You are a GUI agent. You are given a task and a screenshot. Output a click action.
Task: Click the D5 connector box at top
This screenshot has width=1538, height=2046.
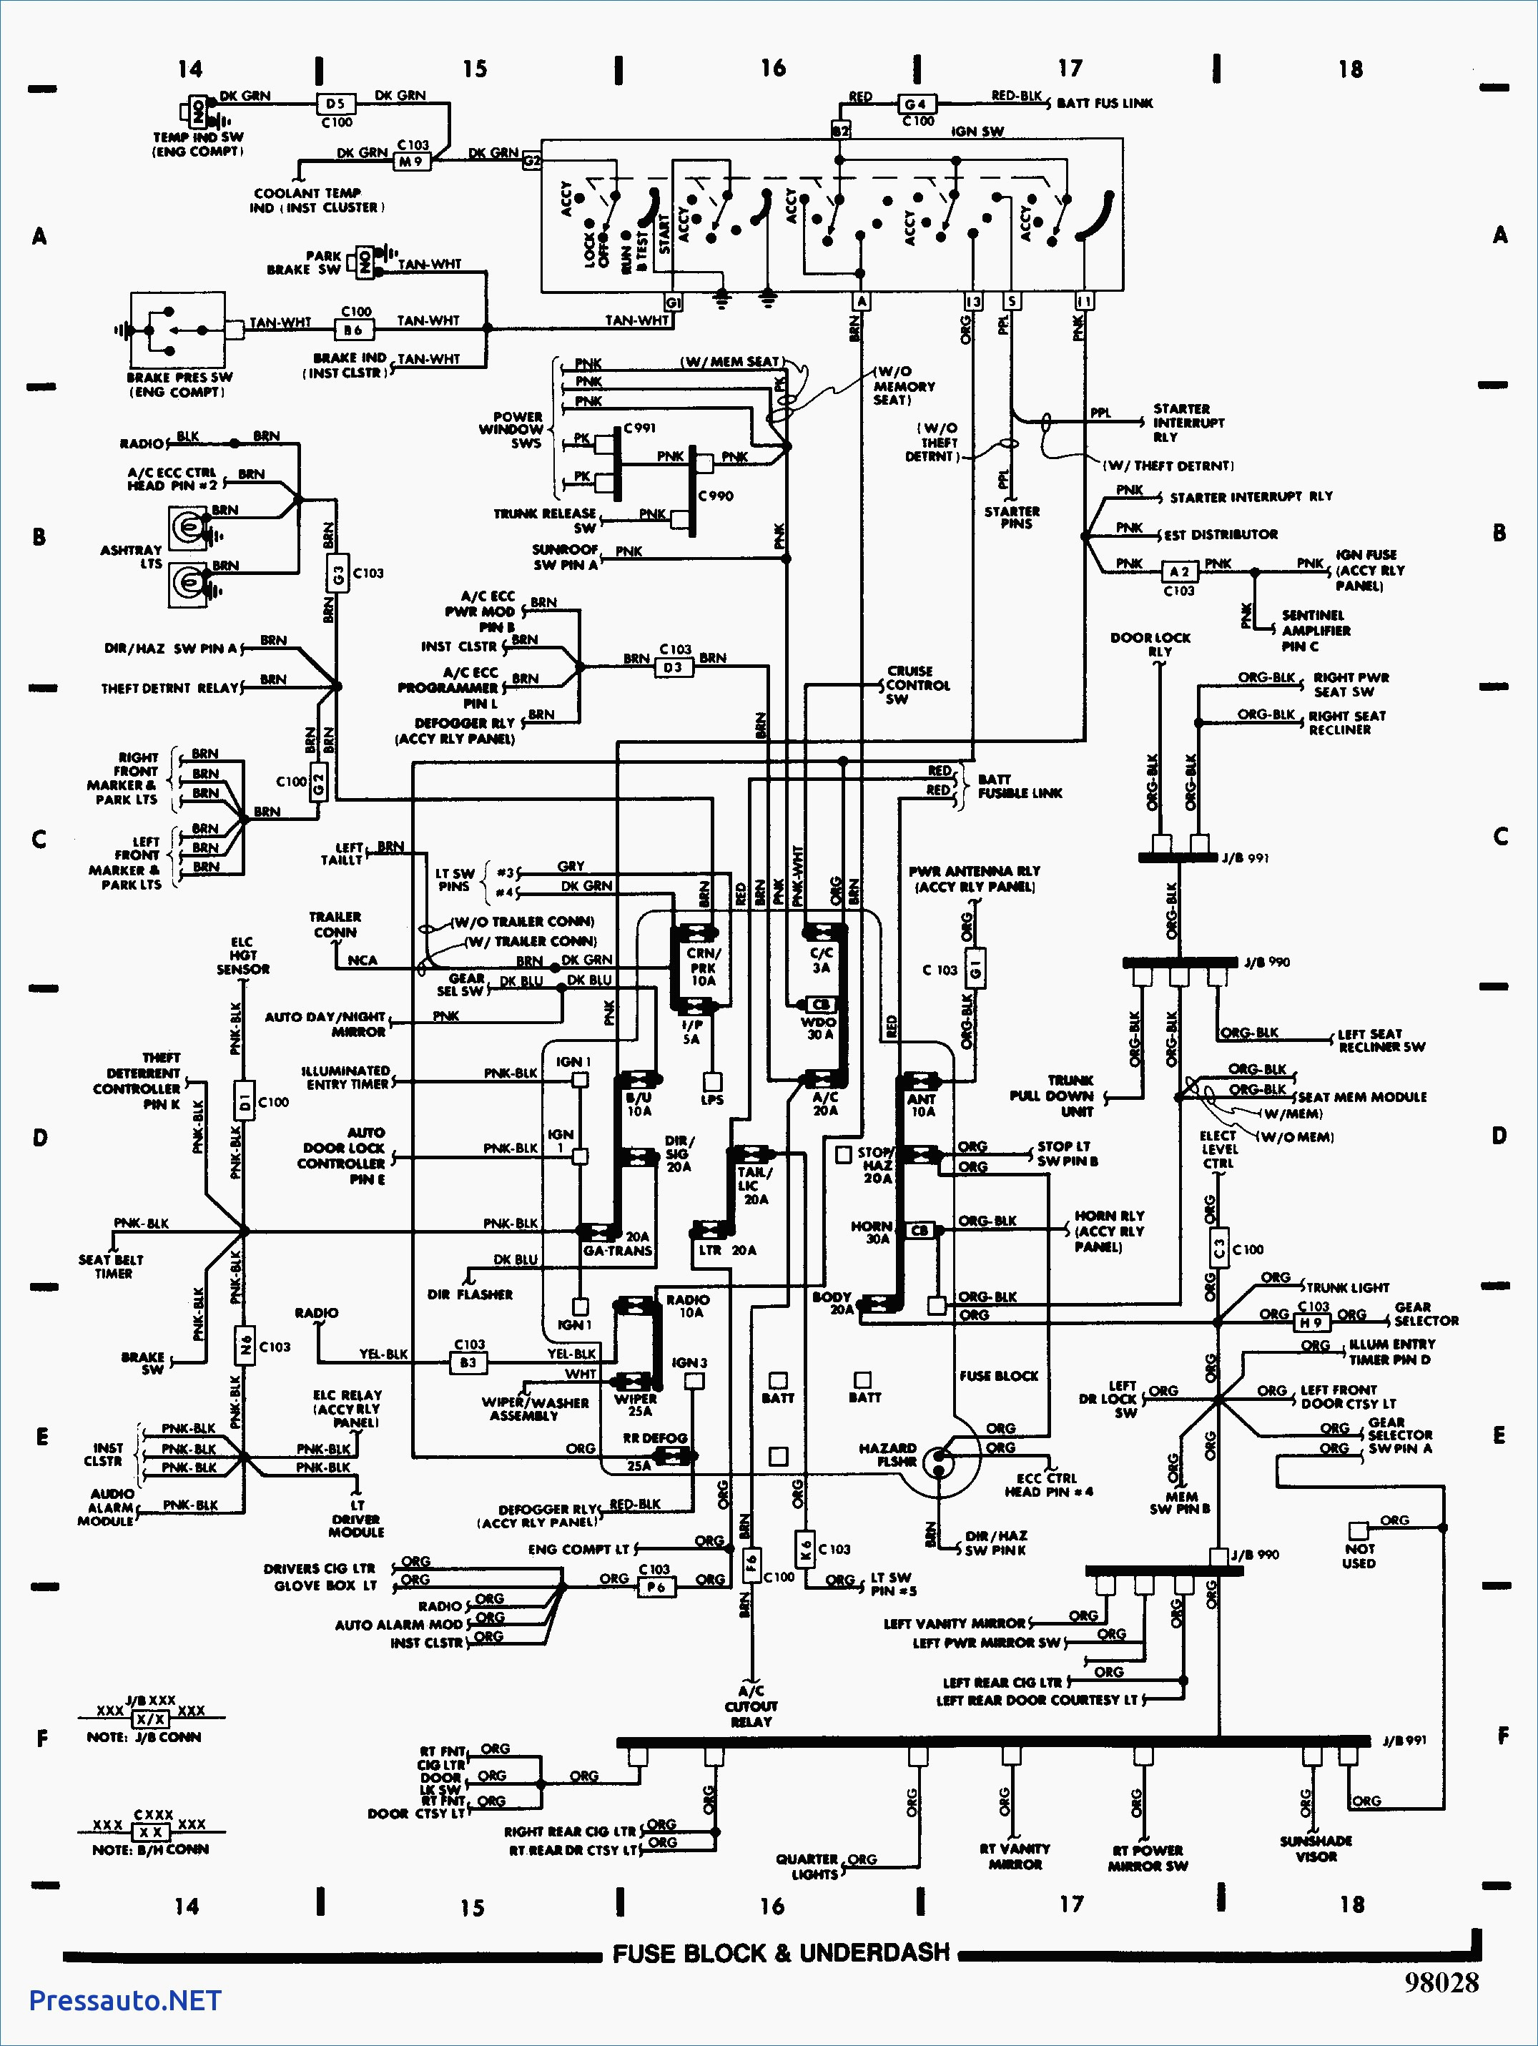coord(335,104)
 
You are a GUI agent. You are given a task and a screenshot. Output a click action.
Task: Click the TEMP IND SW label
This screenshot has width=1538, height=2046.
coord(198,143)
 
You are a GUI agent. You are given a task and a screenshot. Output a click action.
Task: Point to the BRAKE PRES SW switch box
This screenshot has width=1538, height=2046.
coord(177,331)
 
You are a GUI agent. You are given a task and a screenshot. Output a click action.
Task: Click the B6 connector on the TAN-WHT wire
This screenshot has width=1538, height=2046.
coord(353,329)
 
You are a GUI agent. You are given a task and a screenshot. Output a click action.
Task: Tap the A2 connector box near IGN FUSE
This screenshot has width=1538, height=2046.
coord(1179,571)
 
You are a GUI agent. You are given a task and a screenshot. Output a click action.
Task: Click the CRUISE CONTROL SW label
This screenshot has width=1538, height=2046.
coord(917,684)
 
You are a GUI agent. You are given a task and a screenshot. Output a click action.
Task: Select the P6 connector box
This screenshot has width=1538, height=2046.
coord(656,1587)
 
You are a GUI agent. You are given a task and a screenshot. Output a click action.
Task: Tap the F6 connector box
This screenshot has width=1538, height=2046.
coord(751,1563)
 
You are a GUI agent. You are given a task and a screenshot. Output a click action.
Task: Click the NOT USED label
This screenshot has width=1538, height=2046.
coord(1359,1555)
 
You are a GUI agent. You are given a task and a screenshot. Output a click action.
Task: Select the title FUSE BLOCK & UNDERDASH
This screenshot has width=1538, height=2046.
coord(782,1952)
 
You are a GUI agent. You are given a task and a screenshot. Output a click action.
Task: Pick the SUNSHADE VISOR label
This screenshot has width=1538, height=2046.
coord(1316,1848)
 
